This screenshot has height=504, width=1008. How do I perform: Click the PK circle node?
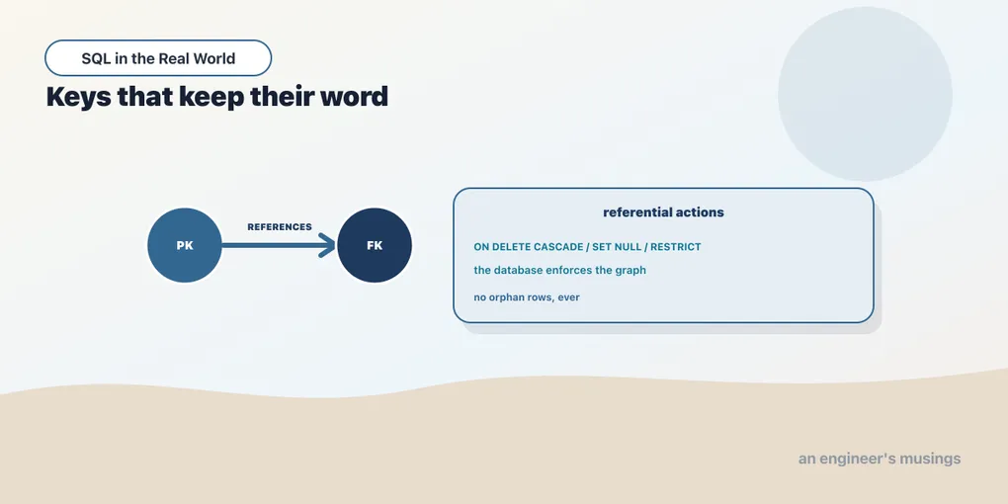point(185,245)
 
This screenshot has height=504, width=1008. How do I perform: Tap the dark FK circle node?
point(375,245)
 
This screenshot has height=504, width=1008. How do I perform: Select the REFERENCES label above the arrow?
point(280,227)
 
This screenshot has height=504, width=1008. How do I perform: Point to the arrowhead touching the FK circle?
point(328,245)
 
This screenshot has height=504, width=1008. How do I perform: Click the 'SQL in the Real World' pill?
point(158,58)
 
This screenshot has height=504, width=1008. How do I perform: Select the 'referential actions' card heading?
point(663,212)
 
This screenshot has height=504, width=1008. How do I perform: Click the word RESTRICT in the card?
point(676,247)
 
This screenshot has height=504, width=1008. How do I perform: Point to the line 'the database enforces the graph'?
point(560,270)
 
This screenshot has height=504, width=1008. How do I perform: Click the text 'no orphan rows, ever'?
point(527,297)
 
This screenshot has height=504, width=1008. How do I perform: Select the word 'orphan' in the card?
point(507,297)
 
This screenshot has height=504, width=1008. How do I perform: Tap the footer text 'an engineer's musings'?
point(880,459)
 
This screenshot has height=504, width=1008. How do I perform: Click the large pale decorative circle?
point(865,94)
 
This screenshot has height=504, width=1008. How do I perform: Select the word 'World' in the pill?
point(215,58)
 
